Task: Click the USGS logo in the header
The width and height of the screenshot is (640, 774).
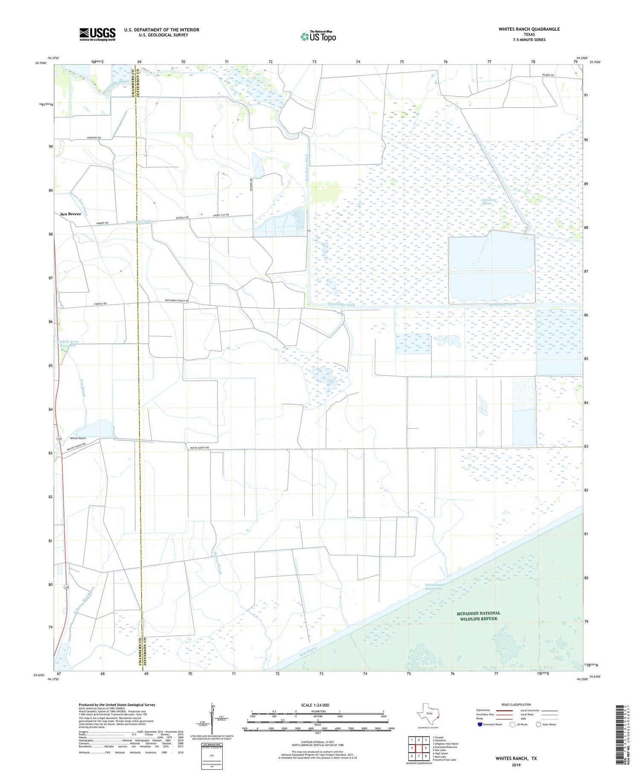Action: point(97,34)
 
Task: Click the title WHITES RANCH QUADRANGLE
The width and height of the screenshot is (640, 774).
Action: point(529,29)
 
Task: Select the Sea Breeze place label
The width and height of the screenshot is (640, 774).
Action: point(70,214)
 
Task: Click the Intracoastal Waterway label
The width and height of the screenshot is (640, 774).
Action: point(435,587)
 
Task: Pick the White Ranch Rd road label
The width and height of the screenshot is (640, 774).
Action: point(199,447)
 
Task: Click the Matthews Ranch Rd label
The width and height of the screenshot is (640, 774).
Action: point(177,301)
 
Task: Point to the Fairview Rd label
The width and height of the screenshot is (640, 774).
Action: point(93,138)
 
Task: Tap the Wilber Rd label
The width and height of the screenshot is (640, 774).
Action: point(548,75)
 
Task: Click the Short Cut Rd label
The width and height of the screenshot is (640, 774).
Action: point(221,215)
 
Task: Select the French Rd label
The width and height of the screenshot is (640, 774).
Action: point(100,304)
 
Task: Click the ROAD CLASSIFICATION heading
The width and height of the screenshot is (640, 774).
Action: point(516,705)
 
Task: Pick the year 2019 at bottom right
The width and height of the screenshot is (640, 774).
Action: point(516,765)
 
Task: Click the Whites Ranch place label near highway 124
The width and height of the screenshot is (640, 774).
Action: point(78,438)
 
